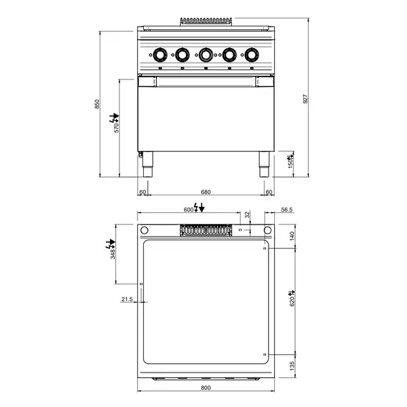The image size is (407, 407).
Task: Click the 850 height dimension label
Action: click(x=97, y=104)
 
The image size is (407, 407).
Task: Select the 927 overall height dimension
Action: click(x=305, y=99)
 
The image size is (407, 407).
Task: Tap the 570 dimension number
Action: click(x=117, y=128)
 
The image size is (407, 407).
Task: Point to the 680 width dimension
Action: click(x=206, y=192)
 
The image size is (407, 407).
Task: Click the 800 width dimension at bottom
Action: click(x=206, y=387)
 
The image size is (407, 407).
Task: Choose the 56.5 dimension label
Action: click(x=287, y=210)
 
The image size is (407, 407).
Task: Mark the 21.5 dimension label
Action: click(x=128, y=299)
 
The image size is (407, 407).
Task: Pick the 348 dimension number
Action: click(x=113, y=254)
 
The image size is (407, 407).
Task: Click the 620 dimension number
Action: click(x=292, y=302)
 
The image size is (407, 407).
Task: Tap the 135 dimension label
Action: click(x=292, y=366)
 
